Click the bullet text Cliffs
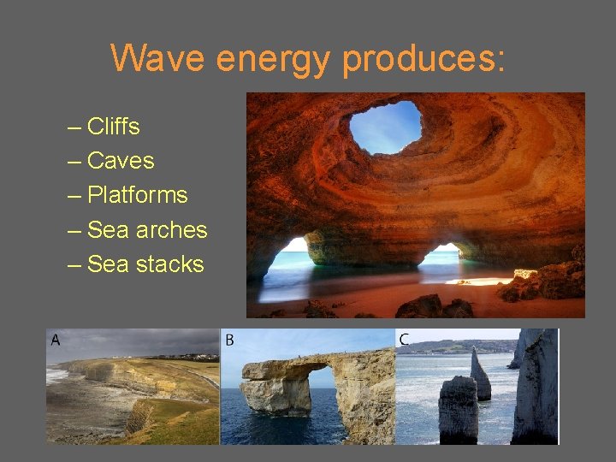pos(114,127)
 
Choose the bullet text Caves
pos(121,161)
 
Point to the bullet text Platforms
pos(137,195)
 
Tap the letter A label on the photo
pos(56,341)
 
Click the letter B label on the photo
pos(229,341)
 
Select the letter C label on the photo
pos(404,341)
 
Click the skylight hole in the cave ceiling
pos(385,126)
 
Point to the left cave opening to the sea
pos(287,261)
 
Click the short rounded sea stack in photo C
pos(457,411)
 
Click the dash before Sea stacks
pos(74,264)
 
